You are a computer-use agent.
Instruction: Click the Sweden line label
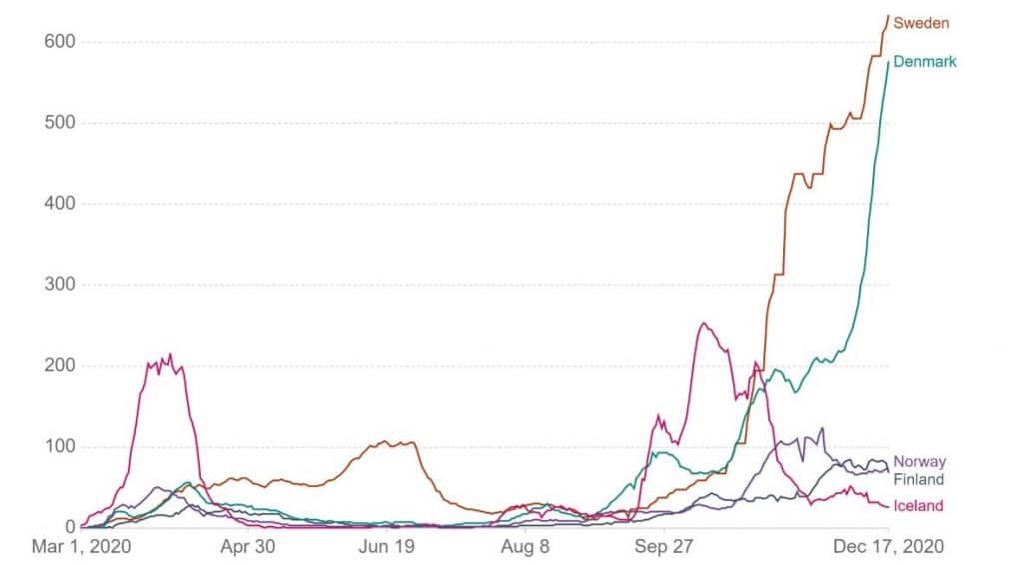point(920,23)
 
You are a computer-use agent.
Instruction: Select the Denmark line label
point(924,62)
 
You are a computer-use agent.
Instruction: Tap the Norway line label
point(919,462)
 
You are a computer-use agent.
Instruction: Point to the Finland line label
point(918,480)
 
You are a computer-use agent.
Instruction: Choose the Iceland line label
point(917,506)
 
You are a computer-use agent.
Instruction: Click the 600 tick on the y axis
point(59,42)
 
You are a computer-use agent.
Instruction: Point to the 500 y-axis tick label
point(59,123)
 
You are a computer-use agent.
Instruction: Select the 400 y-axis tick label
point(59,204)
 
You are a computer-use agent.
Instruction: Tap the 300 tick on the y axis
point(59,284)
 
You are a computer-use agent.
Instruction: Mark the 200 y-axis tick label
point(59,365)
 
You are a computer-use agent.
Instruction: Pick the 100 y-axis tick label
point(59,446)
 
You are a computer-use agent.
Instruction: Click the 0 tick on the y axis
point(70,527)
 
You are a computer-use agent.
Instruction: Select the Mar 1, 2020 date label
point(82,547)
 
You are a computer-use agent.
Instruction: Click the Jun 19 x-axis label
point(386,547)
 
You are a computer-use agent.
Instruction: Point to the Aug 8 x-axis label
point(523,547)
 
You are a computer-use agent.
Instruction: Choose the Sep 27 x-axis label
point(664,547)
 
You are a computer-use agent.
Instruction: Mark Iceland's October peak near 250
point(703,323)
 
